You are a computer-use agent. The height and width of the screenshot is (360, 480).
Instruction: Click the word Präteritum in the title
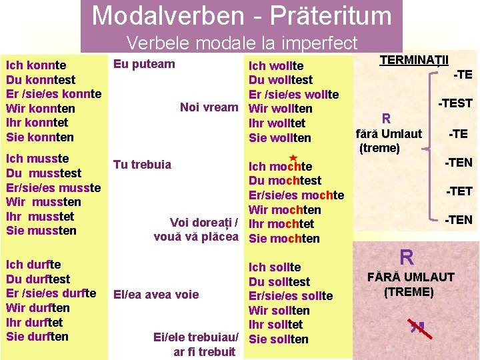click(x=332, y=15)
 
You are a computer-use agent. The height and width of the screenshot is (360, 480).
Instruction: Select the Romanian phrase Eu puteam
click(x=144, y=64)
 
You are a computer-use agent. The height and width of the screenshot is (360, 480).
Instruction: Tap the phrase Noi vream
click(x=209, y=107)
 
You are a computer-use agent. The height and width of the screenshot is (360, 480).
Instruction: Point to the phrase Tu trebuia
click(x=142, y=165)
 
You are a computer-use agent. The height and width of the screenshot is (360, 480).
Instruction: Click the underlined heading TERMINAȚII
click(x=414, y=60)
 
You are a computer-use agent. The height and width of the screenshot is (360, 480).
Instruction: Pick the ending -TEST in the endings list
click(x=455, y=103)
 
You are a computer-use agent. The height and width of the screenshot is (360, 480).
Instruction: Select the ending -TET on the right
click(x=459, y=191)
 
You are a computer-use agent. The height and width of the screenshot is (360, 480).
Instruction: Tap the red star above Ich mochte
click(x=292, y=155)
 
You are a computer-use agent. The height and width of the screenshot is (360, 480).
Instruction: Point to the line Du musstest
click(x=43, y=173)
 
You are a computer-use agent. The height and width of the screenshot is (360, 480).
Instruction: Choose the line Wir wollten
click(x=279, y=109)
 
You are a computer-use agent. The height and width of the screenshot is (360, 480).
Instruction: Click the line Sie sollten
click(x=279, y=339)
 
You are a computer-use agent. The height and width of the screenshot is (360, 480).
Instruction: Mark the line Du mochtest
click(x=285, y=181)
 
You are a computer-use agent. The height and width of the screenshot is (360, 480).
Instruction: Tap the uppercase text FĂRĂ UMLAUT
click(x=411, y=277)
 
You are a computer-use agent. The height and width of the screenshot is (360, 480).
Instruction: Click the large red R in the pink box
click(x=406, y=256)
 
